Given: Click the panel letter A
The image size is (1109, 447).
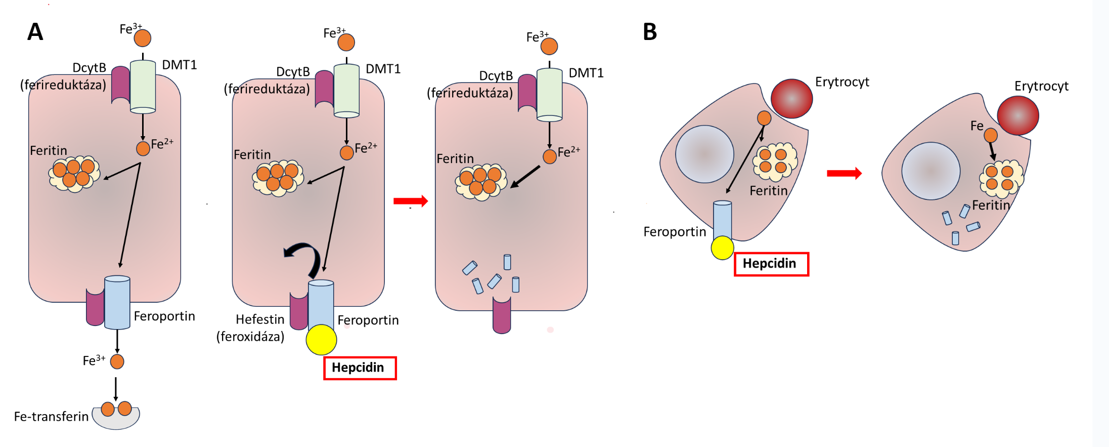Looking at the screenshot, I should point(35,32).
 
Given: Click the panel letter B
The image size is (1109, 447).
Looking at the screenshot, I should point(650,32).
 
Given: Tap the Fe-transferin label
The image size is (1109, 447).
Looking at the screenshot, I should point(51,417).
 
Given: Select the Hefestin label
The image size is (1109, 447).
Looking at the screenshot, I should point(260,319).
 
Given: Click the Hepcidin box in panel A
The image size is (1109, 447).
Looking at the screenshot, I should point(360,368).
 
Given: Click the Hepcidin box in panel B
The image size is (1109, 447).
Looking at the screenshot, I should point(771,264).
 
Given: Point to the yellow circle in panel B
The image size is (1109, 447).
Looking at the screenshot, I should point(722,248).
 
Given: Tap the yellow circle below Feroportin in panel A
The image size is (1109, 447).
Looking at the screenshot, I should point(321,340).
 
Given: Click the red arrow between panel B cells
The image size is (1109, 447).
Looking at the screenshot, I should point(844,174).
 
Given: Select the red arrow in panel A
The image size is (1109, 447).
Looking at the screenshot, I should point(410,201).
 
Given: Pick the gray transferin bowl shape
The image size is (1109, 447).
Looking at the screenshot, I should point(116,420).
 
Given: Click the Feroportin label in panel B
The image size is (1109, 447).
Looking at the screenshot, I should point(675,232).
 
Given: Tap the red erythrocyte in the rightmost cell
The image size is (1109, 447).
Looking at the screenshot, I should point(1017,115).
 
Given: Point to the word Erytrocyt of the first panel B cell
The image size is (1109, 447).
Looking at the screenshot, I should point(842,82).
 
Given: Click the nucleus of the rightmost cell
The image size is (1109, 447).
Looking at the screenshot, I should point(930,171).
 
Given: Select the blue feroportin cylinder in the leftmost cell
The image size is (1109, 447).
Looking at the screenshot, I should point(117,302).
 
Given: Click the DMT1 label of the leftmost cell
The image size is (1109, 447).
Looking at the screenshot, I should point(179,65).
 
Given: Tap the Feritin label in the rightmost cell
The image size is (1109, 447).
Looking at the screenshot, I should point(991,205).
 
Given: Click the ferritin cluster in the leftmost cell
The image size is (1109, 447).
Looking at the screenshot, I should point(74,174).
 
